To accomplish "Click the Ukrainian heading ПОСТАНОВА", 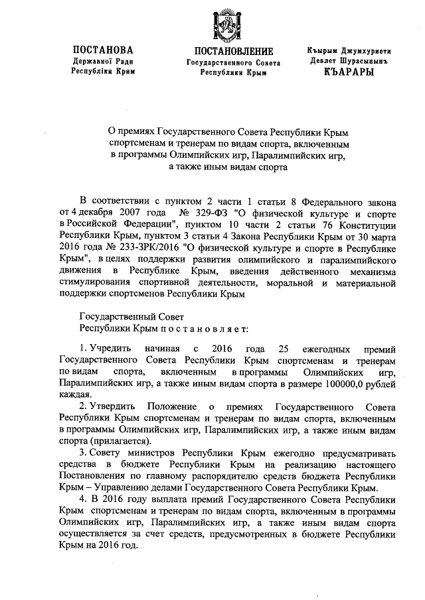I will (103, 50).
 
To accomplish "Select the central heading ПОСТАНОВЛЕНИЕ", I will (233, 52).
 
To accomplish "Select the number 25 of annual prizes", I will (284, 348).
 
